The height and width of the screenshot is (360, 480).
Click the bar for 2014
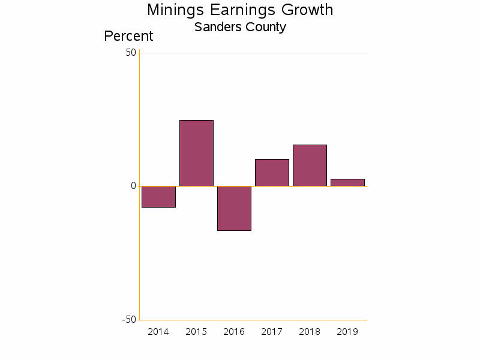(158, 197)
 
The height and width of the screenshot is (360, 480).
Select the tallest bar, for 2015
(196, 153)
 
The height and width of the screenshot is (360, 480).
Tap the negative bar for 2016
(234, 208)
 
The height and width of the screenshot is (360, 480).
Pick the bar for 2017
(272, 173)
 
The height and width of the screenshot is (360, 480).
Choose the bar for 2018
(310, 166)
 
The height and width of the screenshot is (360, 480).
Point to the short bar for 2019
(347, 182)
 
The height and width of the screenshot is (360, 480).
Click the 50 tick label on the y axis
(131, 53)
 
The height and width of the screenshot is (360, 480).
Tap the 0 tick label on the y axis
(134, 186)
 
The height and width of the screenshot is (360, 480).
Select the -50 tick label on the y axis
(129, 319)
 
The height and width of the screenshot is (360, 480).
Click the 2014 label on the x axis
(158, 332)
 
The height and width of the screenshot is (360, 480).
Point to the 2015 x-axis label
(196, 332)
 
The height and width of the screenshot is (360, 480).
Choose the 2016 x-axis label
(234, 332)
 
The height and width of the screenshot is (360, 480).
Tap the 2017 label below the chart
(272, 332)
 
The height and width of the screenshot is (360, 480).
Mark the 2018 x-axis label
(310, 332)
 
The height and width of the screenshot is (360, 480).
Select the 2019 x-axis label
(347, 332)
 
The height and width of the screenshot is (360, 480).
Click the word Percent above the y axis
(128, 36)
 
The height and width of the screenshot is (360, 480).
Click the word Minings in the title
(174, 10)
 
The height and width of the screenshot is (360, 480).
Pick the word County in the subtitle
(266, 27)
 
